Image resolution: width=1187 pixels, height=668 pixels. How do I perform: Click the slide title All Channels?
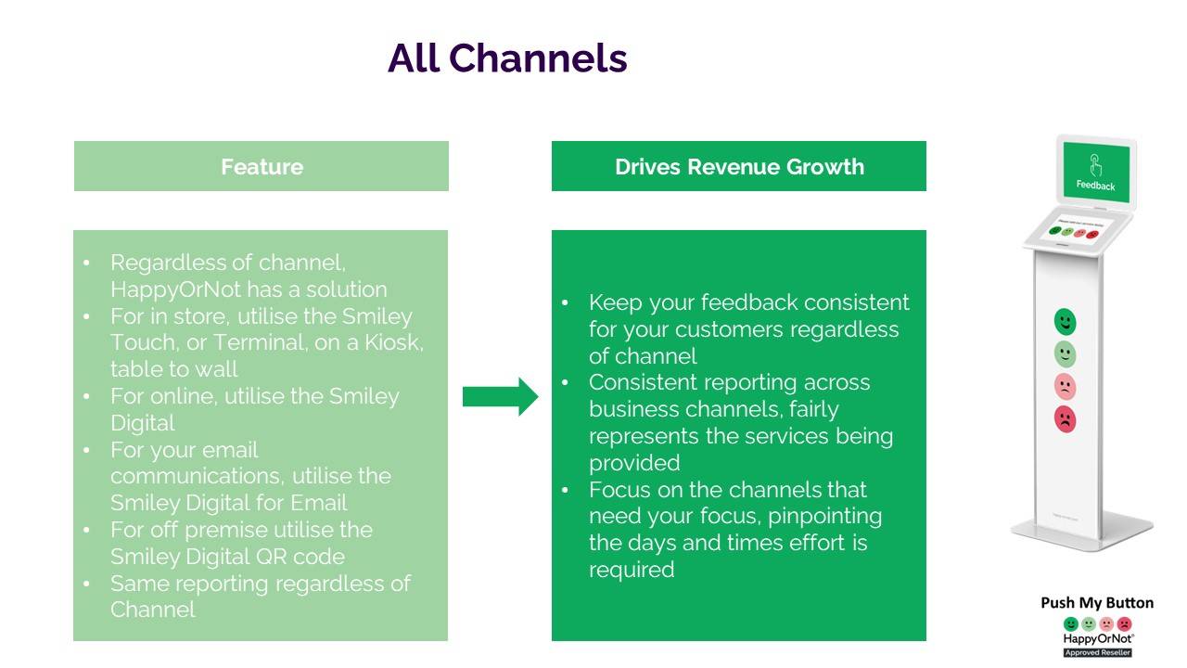(507, 58)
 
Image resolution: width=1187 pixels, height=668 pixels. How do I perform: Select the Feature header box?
(262, 167)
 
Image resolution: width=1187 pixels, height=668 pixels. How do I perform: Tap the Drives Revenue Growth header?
(739, 167)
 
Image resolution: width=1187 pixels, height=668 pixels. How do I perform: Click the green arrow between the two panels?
(500, 396)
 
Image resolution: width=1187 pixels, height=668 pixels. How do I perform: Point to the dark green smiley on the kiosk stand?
(1066, 322)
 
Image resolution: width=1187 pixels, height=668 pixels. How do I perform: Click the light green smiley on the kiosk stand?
(1066, 354)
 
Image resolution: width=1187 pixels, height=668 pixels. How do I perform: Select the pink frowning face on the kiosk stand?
(1066, 387)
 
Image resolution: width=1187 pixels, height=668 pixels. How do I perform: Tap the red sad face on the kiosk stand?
(1066, 419)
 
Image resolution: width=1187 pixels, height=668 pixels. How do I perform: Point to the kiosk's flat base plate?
(1081, 533)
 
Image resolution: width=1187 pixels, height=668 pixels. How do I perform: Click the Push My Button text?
(1097, 603)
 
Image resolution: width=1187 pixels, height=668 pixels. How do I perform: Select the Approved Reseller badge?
(1097, 652)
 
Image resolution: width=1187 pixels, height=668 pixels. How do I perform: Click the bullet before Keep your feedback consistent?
(565, 304)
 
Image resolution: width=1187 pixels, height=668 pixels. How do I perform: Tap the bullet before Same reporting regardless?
(86, 584)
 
